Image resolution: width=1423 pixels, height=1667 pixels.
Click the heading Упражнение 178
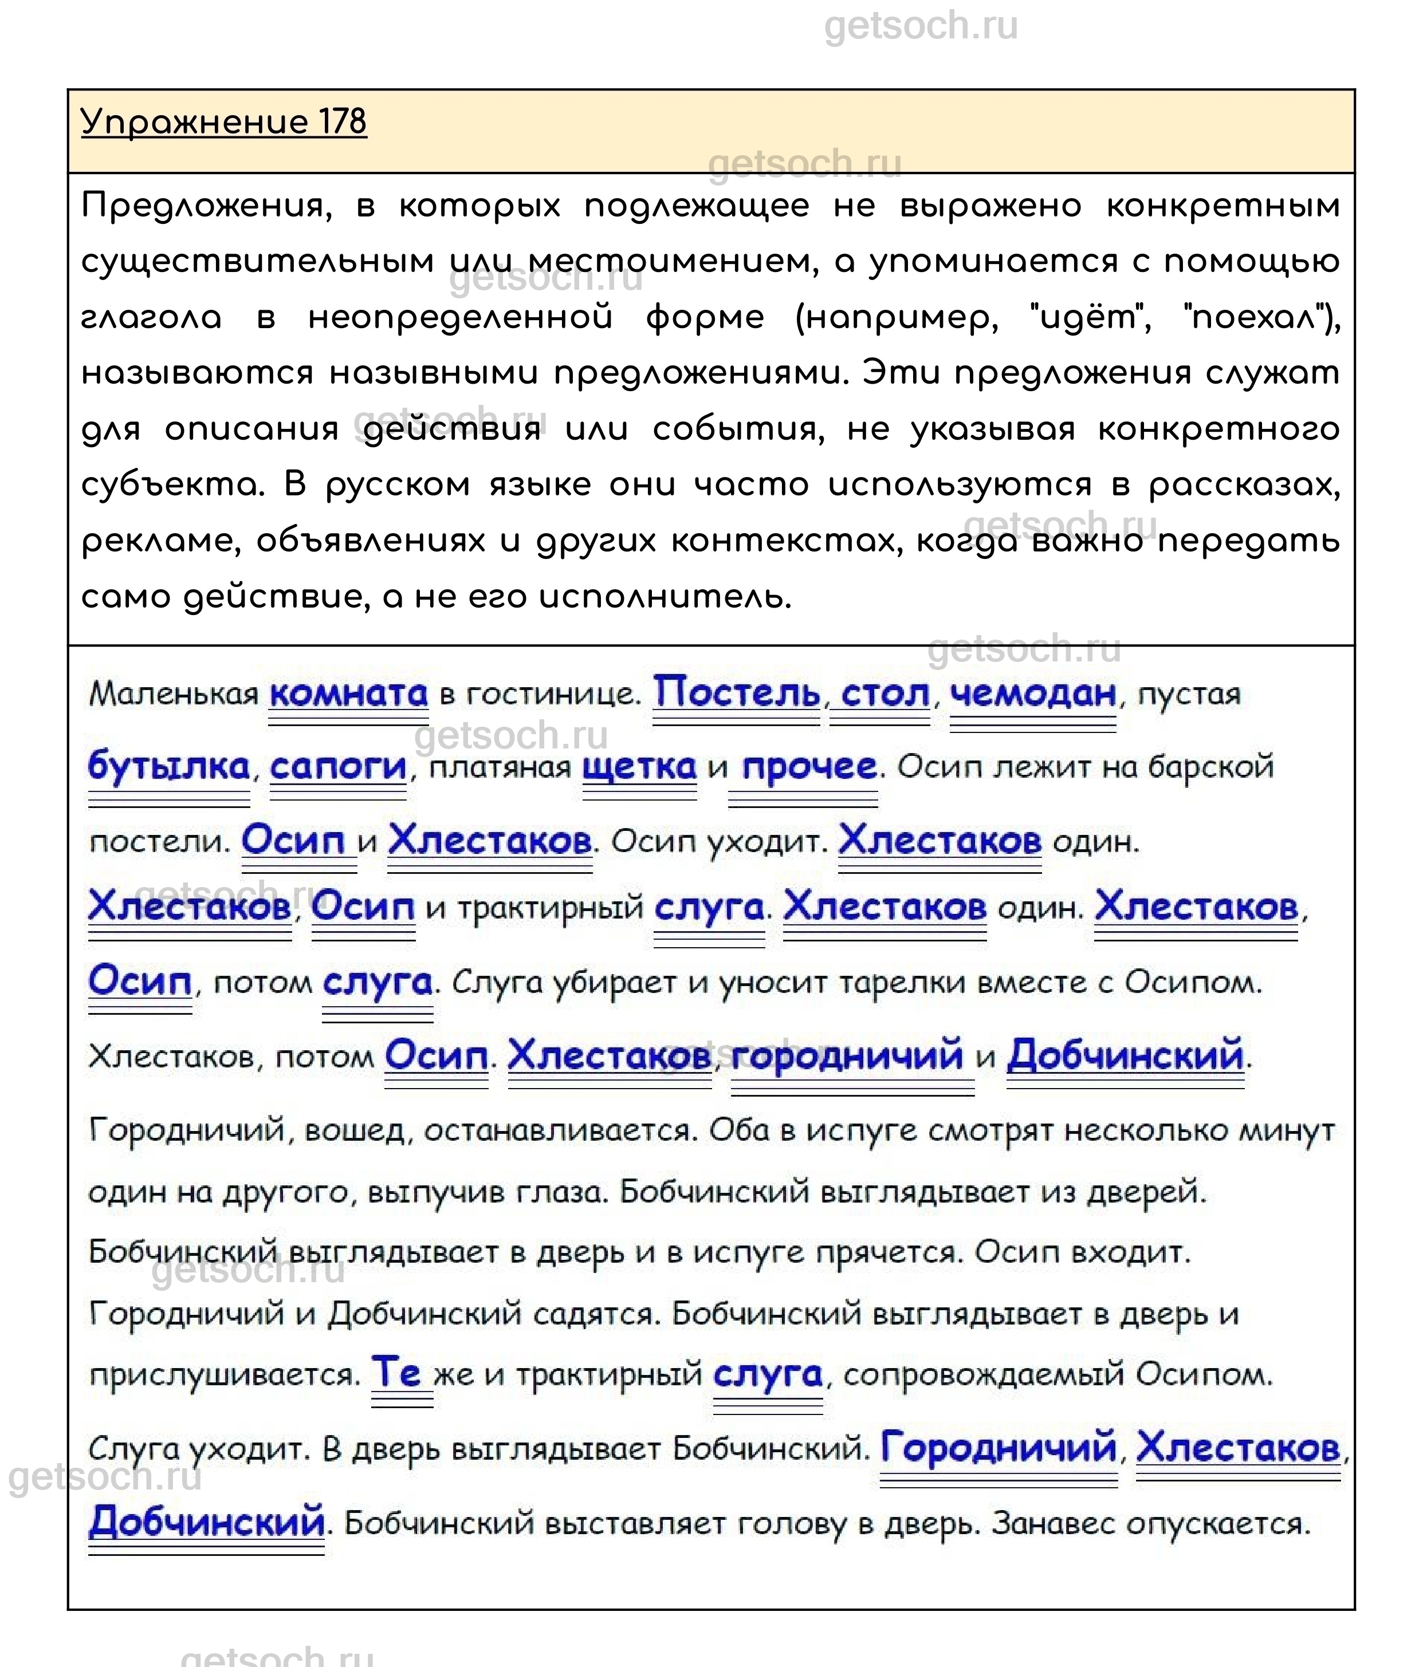pos(224,123)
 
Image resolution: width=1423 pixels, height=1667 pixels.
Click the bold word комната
pos(348,693)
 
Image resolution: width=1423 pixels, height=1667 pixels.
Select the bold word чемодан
pos(1033,693)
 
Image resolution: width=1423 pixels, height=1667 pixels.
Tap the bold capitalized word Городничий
pos(998,1449)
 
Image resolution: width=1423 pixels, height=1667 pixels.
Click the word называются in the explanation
pos(197,373)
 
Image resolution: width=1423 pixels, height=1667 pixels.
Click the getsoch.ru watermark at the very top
pos(921,26)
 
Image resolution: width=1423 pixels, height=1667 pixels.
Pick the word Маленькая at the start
pos(174,693)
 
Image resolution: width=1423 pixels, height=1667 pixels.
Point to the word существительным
pos(258,262)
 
